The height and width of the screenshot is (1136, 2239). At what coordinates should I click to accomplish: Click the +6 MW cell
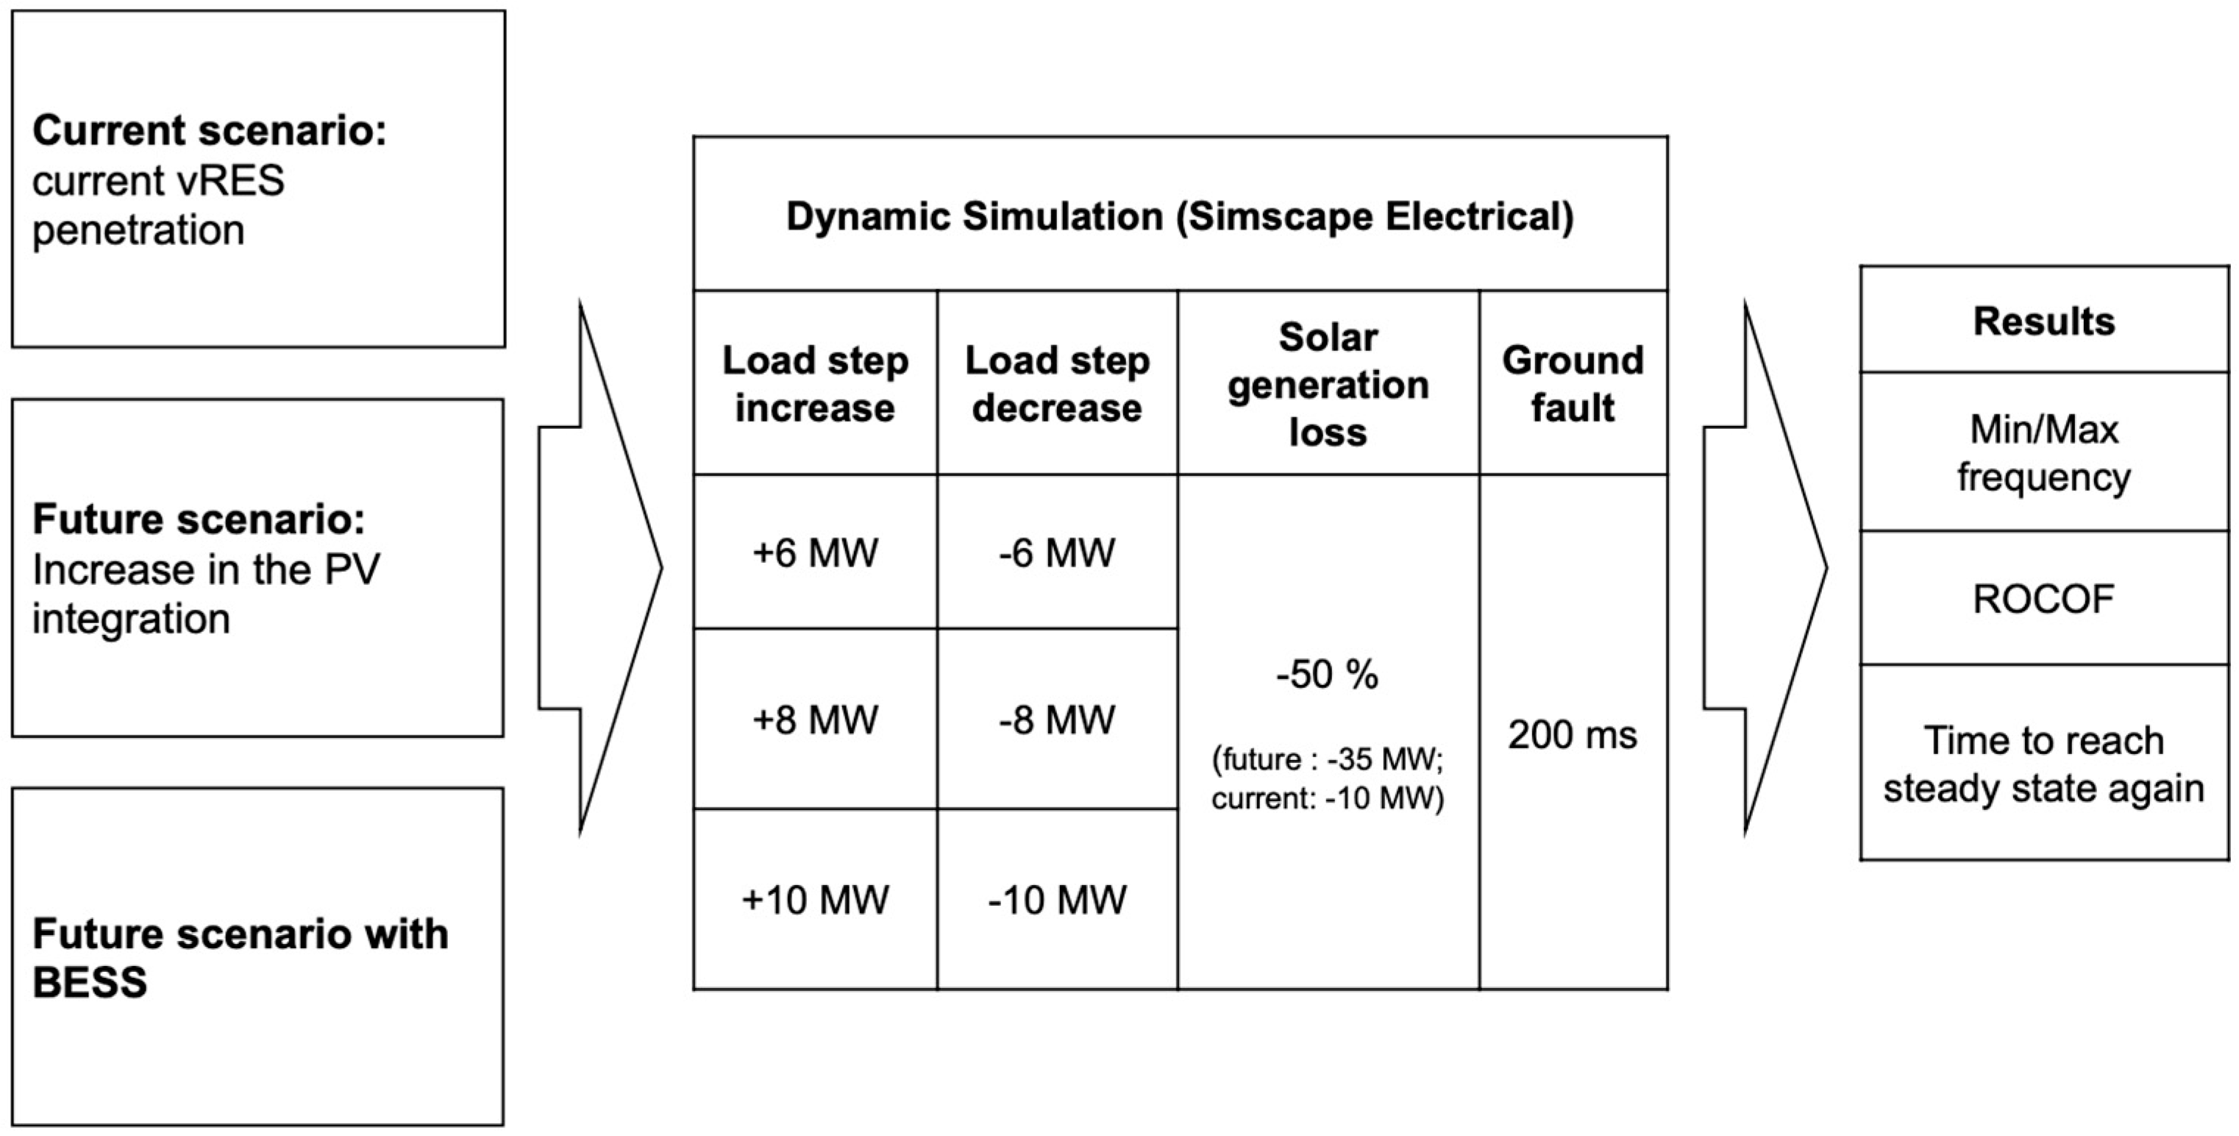[x=815, y=553]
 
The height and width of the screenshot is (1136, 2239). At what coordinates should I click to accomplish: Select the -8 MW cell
[x=1057, y=720]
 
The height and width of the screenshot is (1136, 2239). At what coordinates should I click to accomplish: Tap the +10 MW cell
[x=815, y=900]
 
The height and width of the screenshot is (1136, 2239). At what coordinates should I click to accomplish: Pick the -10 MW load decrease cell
[x=1057, y=900]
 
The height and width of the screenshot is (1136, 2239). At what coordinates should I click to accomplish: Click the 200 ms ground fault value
[x=1573, y=735]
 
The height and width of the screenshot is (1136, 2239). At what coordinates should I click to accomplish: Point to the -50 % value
[x=1327, y=675]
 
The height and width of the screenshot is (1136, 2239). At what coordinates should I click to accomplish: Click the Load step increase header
[x=815, y=383]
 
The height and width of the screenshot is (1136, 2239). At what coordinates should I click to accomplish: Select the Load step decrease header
[x=1057, y=383]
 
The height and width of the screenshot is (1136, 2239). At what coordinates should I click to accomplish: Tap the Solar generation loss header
[x=1327, y=383]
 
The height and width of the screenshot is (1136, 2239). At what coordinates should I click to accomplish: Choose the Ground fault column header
[x=1573, y=383]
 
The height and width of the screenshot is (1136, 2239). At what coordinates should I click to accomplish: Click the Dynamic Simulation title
[x=1180, y=216]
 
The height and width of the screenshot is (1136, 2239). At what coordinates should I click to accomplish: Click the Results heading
[x=2043, y=321]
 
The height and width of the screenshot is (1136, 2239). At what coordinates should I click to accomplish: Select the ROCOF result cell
[x=2043, y=599]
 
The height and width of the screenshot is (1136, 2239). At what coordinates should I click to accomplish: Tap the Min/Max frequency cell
[x=2043, y=452]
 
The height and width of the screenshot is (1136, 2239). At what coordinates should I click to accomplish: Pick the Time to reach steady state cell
[x=2043, y=764]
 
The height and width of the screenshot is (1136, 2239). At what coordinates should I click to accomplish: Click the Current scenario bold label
[x=210, y=130]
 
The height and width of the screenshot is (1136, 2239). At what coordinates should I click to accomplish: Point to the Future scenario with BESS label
[x=240, y=957]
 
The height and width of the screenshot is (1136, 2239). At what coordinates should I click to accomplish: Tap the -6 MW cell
[x=1057, y=553]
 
